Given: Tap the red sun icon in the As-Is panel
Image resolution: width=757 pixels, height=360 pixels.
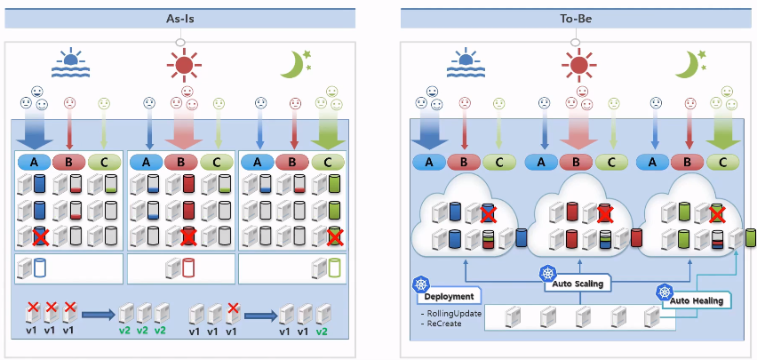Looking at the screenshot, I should (183, 64).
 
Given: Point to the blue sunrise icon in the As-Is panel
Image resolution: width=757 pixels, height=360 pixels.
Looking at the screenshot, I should (68, 64).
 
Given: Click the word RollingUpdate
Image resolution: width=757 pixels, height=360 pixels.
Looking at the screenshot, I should (450, 314).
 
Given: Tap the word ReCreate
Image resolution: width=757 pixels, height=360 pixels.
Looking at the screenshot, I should (442, 324).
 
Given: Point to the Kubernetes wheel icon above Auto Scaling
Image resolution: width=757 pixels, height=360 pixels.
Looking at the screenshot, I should (547, 274).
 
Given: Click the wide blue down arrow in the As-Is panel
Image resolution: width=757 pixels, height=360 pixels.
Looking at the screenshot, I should (36, 132).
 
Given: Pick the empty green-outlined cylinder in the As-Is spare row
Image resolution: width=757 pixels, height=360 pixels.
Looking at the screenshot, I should (333, 268).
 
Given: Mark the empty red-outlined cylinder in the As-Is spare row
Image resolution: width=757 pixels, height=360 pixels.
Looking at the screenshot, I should (187, 268).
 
